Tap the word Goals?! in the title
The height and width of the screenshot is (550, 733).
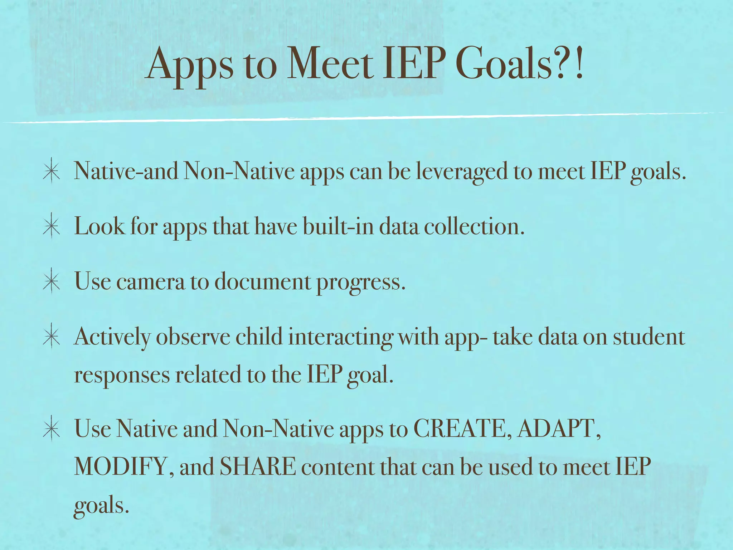click(x=521, y=64)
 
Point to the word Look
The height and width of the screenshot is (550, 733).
click(x=99, y=226)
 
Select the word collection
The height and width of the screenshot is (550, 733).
click(x=474, y=226)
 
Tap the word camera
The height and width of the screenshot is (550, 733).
click(x=150, y=282)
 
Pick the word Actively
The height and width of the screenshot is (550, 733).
click(x=112, y=337)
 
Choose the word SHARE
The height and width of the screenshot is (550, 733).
click(x=258, y=467)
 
